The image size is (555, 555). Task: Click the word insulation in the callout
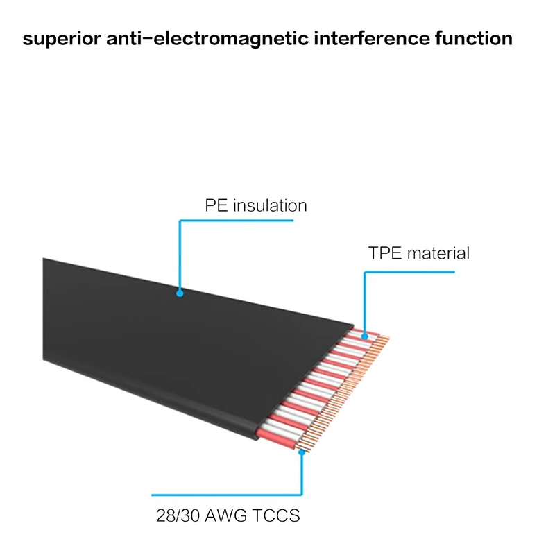[x=270, y=206]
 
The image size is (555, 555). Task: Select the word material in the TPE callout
[x=438, y=253]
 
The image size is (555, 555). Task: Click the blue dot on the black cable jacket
[x=180, y=293]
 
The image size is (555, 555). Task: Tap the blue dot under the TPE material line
[x=365, y=335]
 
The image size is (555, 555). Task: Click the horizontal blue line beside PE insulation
[x=236, y=221]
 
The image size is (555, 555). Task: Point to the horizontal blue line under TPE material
[x=409, y=273]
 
